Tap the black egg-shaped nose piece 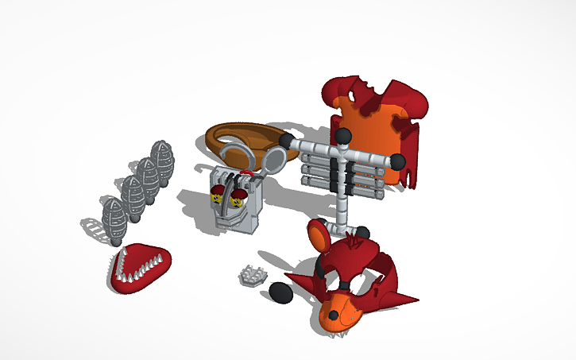point(280,292)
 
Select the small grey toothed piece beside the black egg point(253,275)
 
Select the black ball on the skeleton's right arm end point(396,162)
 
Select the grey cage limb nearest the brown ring point(162,161)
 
